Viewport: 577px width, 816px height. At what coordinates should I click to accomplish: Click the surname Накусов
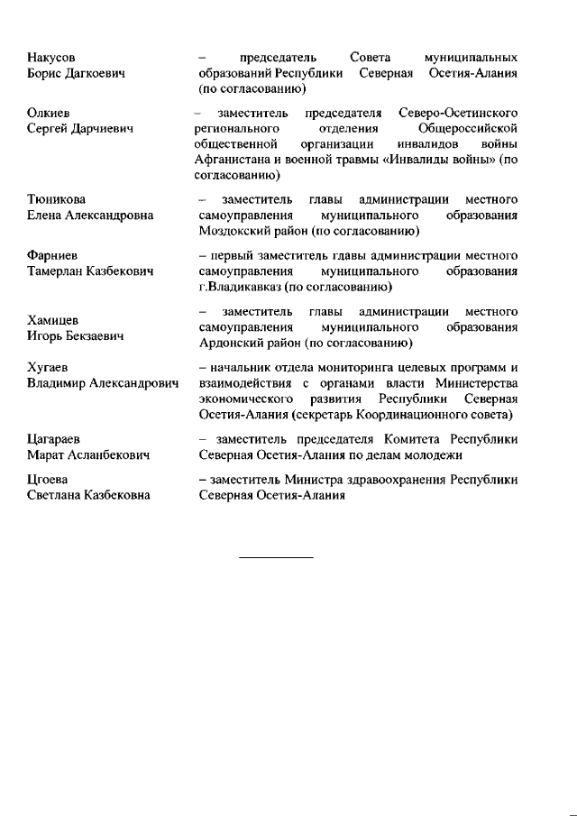pyautogui.click(x=50, y=57)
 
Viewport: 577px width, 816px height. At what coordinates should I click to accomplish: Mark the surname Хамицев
pyautogui.click(x=53, y=320)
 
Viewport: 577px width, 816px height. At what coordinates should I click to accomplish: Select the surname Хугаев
pyautogui.click(x=49, y=368)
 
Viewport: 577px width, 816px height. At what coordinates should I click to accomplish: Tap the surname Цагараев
pyautogui.click(x=54, y=440)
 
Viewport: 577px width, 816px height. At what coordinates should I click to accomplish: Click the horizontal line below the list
pyautogui.click(x=276, y=557)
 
